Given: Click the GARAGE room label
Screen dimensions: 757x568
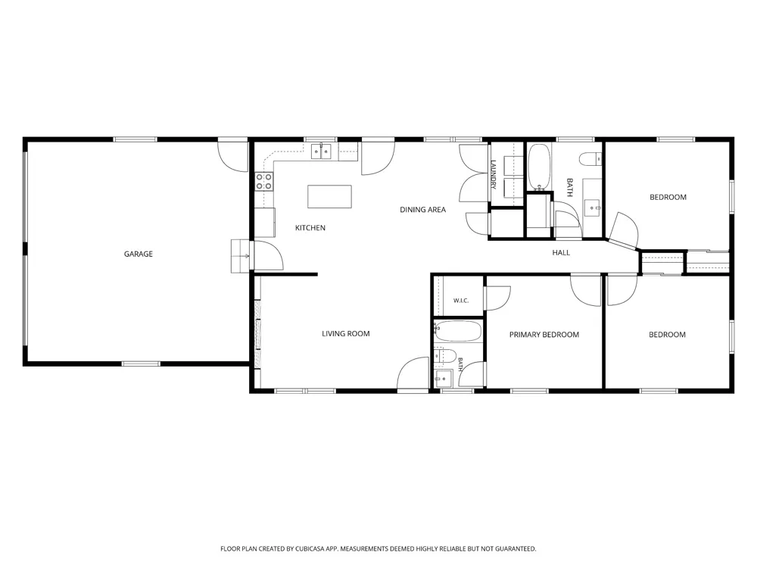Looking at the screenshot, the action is pos(138,254).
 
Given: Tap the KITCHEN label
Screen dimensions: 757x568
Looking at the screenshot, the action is pos(310,227).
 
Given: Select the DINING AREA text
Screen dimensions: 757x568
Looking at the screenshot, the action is pos(422,209).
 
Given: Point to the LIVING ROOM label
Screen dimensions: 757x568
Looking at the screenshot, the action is pos(346,333).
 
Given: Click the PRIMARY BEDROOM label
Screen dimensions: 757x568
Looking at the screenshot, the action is pos(544,334).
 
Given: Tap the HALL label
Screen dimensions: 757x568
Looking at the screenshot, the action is pos(561,252).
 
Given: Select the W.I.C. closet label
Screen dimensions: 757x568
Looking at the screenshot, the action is pos(460,301).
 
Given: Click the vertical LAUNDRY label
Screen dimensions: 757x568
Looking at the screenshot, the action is pos(494,174).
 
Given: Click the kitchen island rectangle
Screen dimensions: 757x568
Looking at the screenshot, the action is pos(329,197).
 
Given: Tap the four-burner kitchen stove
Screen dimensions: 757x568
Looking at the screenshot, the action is pos(264,182).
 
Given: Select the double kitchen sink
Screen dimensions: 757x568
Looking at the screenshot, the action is pos(321,152).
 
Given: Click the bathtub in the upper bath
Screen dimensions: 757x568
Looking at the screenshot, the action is pos(539,167).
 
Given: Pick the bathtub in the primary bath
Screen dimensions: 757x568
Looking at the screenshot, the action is pos(458,331).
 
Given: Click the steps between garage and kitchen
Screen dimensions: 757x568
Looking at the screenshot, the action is pos(240,256).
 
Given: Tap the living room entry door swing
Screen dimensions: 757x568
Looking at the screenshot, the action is pos(413,373).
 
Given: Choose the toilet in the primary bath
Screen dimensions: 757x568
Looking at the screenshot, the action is pos(445,356).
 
